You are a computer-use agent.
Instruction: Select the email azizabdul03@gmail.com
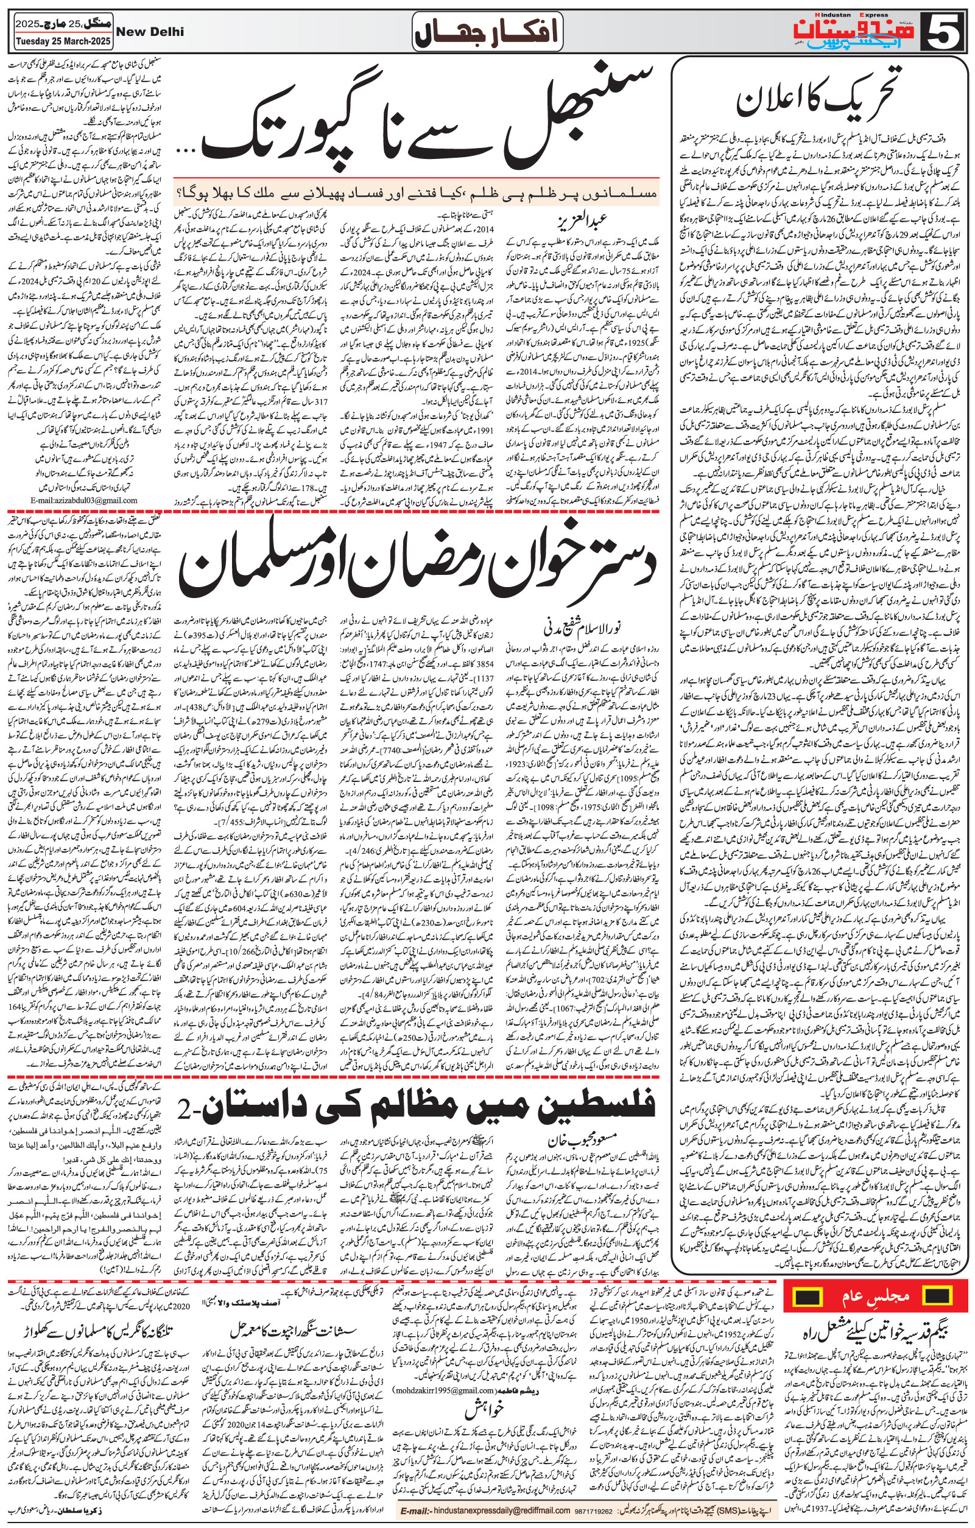coord(83,500)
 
